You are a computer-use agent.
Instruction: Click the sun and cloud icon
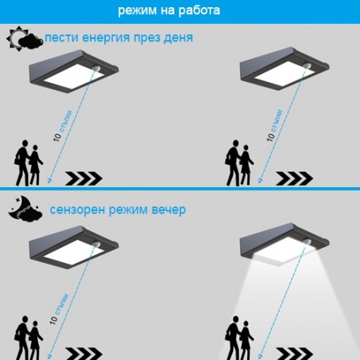25,38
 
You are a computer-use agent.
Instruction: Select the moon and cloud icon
25,210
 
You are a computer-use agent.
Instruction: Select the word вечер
168,210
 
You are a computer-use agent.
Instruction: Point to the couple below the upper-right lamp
239,163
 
